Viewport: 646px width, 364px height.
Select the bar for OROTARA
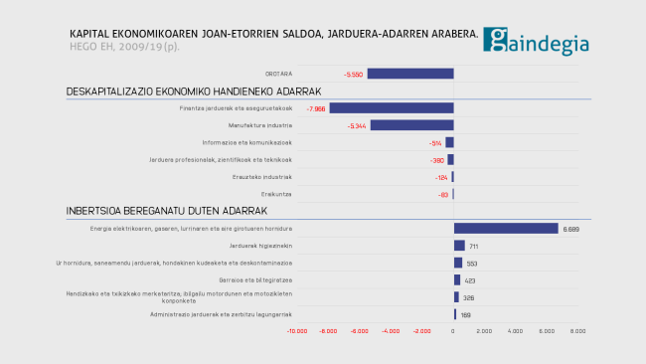tap(409, 74)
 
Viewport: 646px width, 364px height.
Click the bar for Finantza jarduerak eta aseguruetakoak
tap(392, 108)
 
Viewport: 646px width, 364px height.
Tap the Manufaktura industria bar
tap(411, 125)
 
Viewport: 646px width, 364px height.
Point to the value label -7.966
tap(317, 108)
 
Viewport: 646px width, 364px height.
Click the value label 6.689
tap(570, 229)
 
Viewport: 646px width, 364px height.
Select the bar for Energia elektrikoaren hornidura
tap(506, 229)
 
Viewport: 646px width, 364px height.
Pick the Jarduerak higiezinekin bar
tap(459, 246)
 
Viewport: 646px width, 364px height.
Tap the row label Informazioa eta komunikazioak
tap(248, 142)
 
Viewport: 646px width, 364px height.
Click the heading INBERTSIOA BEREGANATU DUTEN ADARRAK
tap(167, 211)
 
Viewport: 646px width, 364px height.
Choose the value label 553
tap(472, 264)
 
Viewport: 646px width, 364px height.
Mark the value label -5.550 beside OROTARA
tap(353, 75)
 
